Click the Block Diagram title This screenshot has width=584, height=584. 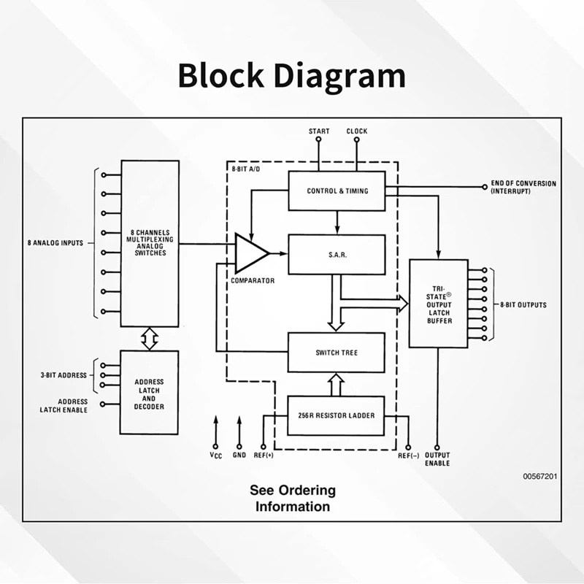(x=291, y=75)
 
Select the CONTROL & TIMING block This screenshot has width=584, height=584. (x=337, y=191)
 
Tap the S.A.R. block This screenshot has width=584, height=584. (x=337, y=254)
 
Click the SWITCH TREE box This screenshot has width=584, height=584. (x=337, y=353)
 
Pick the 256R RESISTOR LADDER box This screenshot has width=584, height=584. (x=337, y=415)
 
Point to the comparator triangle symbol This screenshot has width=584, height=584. (x=250, y=253)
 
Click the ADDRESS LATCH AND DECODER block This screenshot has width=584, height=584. (x=149, y=392)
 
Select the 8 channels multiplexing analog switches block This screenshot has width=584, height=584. (x=149, y=243)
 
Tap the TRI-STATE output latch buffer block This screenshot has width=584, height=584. (x=438, y=303)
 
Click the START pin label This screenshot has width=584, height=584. (x=319, y=131)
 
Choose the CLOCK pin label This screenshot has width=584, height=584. (x=357, y=131)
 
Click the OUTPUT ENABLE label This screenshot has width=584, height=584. (x=437, y=460)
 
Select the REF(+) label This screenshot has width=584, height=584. (x=263, y=456)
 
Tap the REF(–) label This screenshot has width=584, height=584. (x=407, y=456)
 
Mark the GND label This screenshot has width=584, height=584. (x=239, y=456)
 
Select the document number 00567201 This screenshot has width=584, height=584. (x=540, y=476)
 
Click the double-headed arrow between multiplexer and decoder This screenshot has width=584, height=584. (x=149, y=338)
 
